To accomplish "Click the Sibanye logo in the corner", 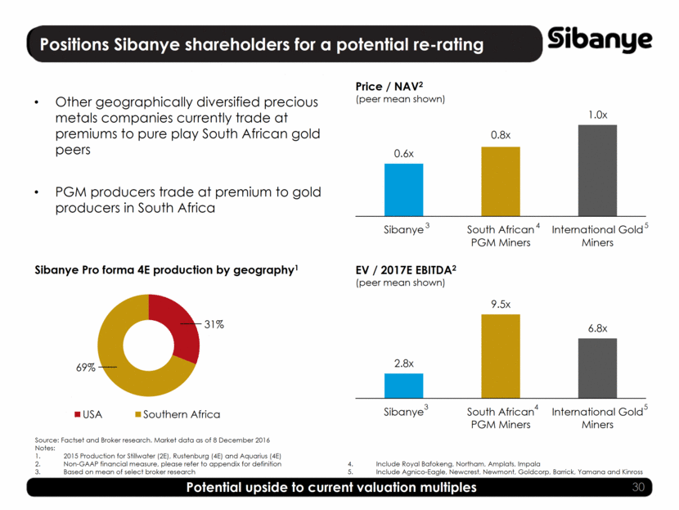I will (600, 39).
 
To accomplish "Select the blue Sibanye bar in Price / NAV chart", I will (403, 189).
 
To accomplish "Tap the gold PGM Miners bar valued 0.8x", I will (501, 181).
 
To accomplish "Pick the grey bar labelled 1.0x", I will (597, 169).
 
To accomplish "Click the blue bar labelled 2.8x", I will (403, 386).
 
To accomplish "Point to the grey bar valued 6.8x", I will (597, 368).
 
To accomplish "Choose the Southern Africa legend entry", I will (176, 413).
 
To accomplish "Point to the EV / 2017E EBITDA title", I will (406, 269).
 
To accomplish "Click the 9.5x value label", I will (501, 305).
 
